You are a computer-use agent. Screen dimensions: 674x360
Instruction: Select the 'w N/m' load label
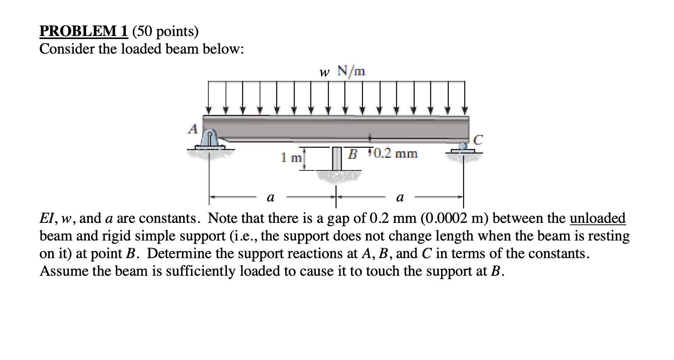tap(342, 71)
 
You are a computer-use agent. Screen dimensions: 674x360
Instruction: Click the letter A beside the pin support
tap(193, 129)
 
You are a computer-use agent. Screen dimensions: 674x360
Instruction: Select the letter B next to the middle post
tap(353, 154)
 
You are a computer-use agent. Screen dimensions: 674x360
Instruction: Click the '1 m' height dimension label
tap(291, 157)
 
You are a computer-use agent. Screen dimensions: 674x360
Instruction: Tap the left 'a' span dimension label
tap(270, 198)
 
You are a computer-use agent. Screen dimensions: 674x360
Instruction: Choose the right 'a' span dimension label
tap(400, 198)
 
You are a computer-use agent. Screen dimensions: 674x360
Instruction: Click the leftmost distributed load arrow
tap(209, 98)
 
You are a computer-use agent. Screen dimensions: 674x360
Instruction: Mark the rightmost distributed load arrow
tap(465, 98)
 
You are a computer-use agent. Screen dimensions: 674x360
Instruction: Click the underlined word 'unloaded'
tap(597, 218)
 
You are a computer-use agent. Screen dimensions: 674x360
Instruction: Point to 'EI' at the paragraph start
tap(47, 218)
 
